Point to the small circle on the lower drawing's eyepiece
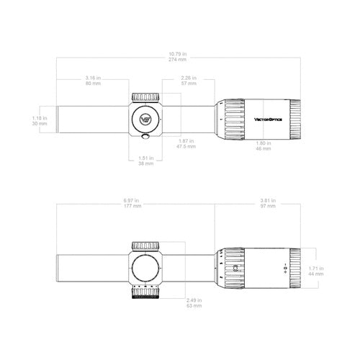237,269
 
